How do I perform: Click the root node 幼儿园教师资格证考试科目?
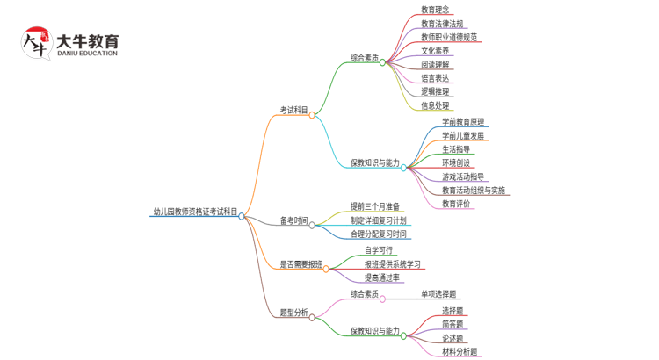(x=194, y=212)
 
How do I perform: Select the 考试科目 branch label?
(x=293, y=111)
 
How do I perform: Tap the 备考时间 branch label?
(x=293, y=220)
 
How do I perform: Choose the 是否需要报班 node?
(x=301, y=263)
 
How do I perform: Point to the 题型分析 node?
(x=293, y=313)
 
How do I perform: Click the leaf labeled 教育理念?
(x=436, y=11)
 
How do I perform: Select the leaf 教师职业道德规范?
(x=449, y=38)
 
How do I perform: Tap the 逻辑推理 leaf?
(x=435, y=91)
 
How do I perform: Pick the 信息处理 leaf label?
(x=435, y=105)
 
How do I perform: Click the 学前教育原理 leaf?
(x=463, y=122)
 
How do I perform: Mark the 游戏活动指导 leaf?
(x=463, y=176)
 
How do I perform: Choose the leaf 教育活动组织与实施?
(x=474, y=190)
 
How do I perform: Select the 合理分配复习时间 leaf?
(x=379, y=234)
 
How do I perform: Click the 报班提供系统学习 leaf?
(x=393, y=263)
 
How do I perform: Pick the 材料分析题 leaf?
(x=460, y=351)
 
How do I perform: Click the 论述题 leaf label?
(x=453, y=338)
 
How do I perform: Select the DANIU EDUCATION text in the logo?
(x=86, y=54)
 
